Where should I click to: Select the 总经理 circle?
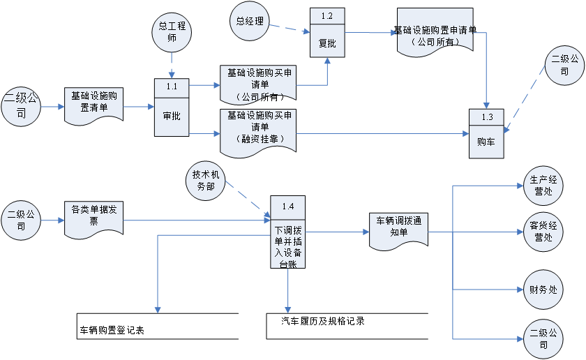pyautogui.click(x=250, y=21)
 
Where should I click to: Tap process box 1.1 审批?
pyautogui.click(x=172, y=108)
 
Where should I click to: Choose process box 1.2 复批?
pyautogui.click(x=327, y=34)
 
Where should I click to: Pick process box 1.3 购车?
pyautogui.click(x=486, y=133)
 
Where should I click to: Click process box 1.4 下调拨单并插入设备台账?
pyautogui.click(x=287, y=232)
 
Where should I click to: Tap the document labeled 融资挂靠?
pyautogui.click(x=258, y=130)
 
